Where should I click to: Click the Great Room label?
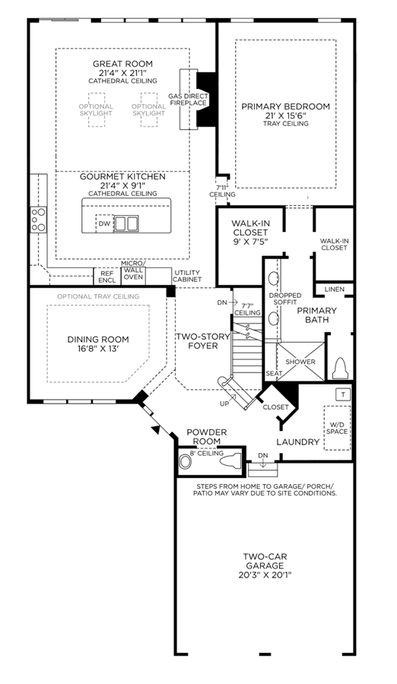(x=122, y=64)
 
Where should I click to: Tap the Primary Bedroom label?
(x=286, y=106)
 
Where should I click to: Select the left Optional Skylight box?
(x=96, y=109)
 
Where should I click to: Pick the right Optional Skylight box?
(x=148, y=109)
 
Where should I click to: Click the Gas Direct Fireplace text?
(x=188, y=100)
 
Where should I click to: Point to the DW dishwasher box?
(x=104, y=223)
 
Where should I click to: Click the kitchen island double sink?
(x=126, y=223)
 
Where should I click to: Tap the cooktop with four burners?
(x=39, y=220)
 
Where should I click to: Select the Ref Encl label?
(x=107, y=277)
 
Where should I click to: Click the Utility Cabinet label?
(x=187, y=276)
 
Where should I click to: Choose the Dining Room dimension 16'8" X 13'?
(x=98, y=349)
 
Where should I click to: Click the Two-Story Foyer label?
(x=202, y=341)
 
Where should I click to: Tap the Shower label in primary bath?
(x=300, y=362)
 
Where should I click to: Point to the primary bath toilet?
(x=341, y=369)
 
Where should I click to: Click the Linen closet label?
(x=335, y=290)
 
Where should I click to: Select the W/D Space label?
(x=337, y=428)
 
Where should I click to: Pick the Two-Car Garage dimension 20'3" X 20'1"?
(x=265, y=575)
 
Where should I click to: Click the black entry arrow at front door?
(x=155, y=429)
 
